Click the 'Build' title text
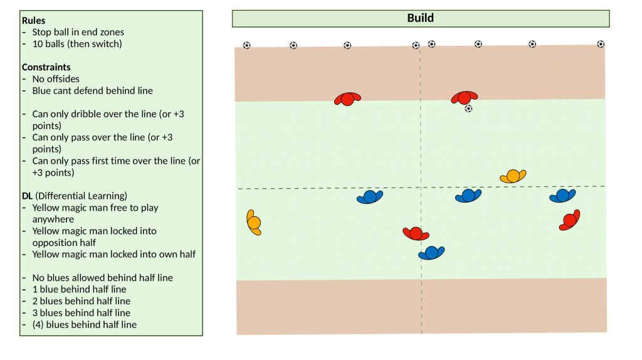[420, 18]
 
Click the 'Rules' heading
[33, 21]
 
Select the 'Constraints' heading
[46, 67]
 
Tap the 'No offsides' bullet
[56, 79]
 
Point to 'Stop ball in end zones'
[78, 32]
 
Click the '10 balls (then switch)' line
[76, 44]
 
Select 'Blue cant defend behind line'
[92, 90]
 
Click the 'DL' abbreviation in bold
[28, 196]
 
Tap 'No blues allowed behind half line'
[102, 278]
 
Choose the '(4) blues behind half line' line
[84, 324]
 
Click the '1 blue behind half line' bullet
[79, 289]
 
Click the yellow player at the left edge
[254, 222]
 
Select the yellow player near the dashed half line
[513, 176]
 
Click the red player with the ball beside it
[464, 98]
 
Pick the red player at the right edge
[569, 220]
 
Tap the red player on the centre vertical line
[415, 234]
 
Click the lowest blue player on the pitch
[431, 253]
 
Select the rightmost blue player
[562, 196]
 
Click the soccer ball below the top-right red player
[468, 109]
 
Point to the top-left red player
[347, 99]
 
